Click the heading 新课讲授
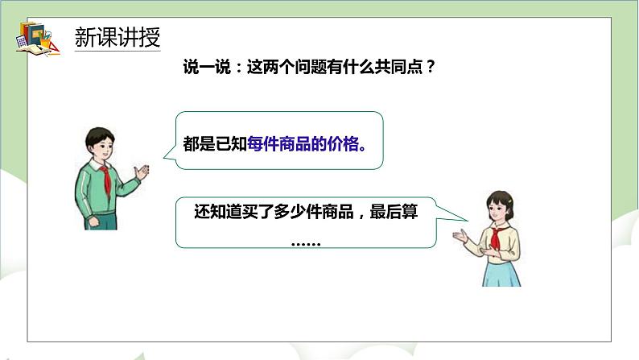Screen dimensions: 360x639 tap(117, 37)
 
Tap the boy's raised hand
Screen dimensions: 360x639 tap(143, 172)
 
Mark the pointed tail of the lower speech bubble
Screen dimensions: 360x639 tap(465, 217)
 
